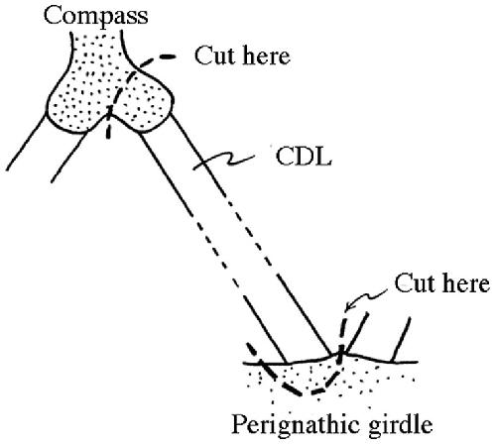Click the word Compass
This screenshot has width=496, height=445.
click(x=96, y=17)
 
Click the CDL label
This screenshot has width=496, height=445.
click(x=304, y=157)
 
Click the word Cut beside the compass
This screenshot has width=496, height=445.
click(x=215, y=56)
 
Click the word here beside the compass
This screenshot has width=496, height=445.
click(x=267, y=56)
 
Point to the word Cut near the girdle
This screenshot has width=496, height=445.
click(x=415, y=283)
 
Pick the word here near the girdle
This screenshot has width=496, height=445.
click(x=466, y=283)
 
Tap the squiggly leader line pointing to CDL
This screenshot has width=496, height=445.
click(x=224, y=162)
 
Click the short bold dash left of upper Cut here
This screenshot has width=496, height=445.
click(x=168, y=56)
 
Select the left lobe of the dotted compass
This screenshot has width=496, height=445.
click(x=77, y=106)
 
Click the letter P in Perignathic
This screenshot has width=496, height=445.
click(x=238, y=423)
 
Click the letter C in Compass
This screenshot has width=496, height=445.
click(x=52, y=16)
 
